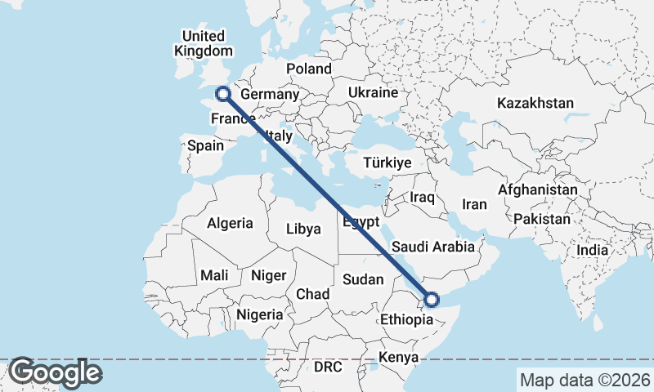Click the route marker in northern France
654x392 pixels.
tap(222, 94)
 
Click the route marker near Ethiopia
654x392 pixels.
tap(432, 300)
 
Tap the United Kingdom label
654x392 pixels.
tap(203, 43)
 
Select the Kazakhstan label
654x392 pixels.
tap(535, 104)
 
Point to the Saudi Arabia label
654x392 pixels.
tap(433, 247)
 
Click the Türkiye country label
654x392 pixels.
tap(387, 163)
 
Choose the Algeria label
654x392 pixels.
tap(230, 223)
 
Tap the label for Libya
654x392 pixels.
tap(302, 229)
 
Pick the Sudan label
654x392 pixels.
tap(363, 279)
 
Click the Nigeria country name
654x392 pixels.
tap(260, 314)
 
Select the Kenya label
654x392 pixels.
tap(398, 358)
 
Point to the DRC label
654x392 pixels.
tap(328, 367)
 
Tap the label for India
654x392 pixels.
tap(592, 250)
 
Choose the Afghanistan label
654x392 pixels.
tap(537, 189)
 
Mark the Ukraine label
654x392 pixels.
tap(372, 93)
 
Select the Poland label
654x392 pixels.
tap(309, 69)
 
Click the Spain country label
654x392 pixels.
tap(205, 145)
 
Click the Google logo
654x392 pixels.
tap(55, 372)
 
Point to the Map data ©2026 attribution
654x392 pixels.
tap(585, 380)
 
